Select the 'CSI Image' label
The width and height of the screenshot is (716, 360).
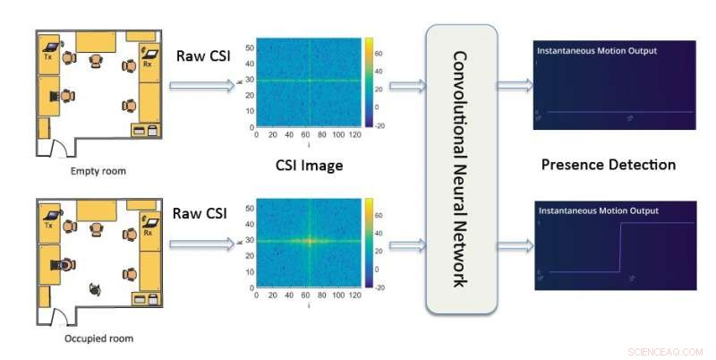[309, 165]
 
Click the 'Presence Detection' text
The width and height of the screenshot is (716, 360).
[609, 165]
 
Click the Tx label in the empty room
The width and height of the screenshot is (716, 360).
[47, 56]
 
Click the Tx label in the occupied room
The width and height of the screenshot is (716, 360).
[48, 226]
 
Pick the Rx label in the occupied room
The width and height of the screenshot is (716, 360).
[148, 233]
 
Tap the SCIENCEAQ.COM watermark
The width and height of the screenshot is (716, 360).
[668, 351]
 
